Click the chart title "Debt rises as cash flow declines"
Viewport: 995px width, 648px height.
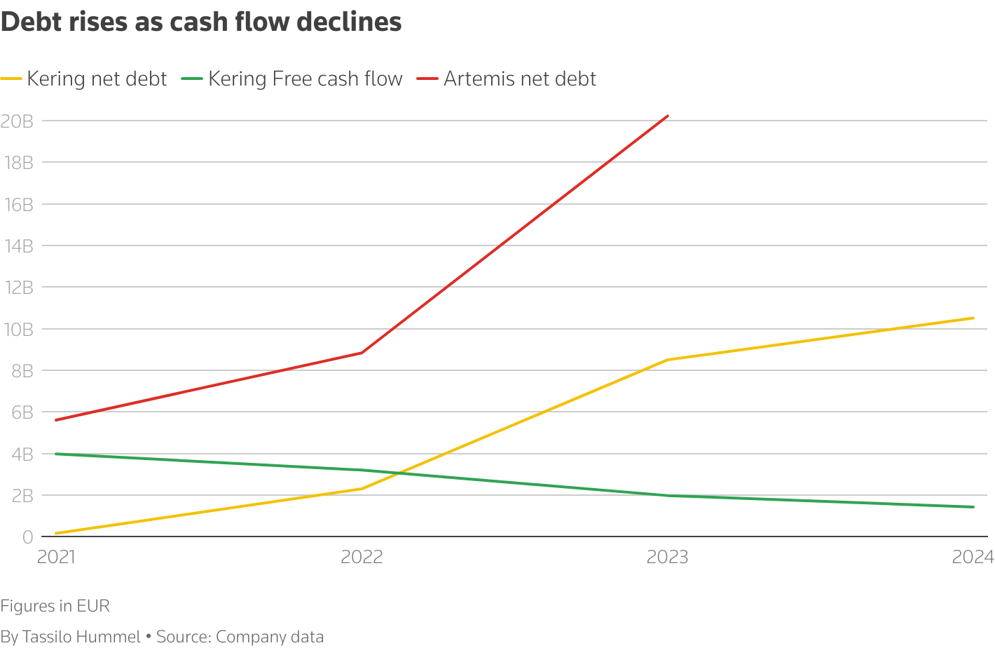point(201,22)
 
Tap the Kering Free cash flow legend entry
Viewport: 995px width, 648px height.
point(306,79)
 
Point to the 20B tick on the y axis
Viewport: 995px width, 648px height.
point(17,121)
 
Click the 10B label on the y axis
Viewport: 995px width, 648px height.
point(17,330)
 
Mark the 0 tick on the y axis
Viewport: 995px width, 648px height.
point(27,537)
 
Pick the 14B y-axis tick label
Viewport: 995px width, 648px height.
point(17,246)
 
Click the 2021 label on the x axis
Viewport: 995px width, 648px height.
point(56,557)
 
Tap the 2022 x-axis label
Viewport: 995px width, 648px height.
point(362,557)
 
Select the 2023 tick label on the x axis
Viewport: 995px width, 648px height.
point(667,557)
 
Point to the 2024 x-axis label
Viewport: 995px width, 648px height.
point(973,557)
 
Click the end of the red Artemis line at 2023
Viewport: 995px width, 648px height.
point(668,116)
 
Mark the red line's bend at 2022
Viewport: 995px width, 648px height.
point(362,353)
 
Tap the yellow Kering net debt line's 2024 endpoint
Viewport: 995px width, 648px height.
point(973,318)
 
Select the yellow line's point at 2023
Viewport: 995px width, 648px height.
point(668,360)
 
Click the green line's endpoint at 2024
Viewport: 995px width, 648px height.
point(973,507)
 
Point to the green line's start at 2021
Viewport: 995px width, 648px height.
point(56,454)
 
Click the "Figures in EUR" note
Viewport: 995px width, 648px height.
point(55,606)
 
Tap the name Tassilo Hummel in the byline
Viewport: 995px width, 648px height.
point(81,637)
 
